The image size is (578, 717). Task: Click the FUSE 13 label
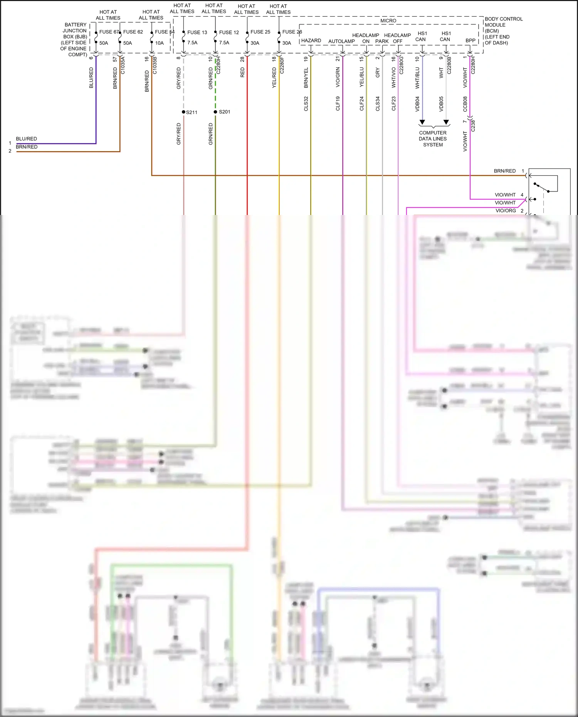pyautogui.click(x=197, y=32)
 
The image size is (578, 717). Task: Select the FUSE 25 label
pyautogui.click(x=260, y=32)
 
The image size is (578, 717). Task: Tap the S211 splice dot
pyautogui.click(x=184, y=112)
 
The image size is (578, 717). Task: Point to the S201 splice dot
pyautogui.click(x=215, y=112)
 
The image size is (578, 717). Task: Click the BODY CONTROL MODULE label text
pyautogui.click(x=503, y=31)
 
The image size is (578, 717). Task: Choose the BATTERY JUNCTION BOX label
pyautogui.click(x=74, y=40)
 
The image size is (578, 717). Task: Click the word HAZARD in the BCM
pyautogui.click(x=311, y=41)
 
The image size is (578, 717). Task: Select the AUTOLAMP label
pyautogui.click(x=341, y=41)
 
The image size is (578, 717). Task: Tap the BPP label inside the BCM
pyautogui.click(x=470, y=40)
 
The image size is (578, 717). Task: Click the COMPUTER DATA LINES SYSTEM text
pyautogui.click(x=433, y=139)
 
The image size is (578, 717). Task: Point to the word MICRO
pyautogui.click(x=388, y=21)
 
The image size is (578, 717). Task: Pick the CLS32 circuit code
pyautogui.click(x=306, y=104)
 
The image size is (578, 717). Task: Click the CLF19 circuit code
pyautogui.click(x=338, y=104)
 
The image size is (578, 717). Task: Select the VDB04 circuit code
pyautogui.click(x=417, y=104)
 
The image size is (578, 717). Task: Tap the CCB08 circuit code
pyautogui.click(x=465, y=104)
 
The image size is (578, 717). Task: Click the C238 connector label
pyautogui.click(x=473, y=126)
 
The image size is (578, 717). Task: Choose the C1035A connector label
pyautogui.click(x=123, y=65)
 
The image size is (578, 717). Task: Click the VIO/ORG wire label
pyautogui.click(x=506, y=211)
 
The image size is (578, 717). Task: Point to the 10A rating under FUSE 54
pyautogui.click(x=160, y=43)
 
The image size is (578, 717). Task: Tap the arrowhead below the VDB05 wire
pyautogui.click(x=446, y=122)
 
